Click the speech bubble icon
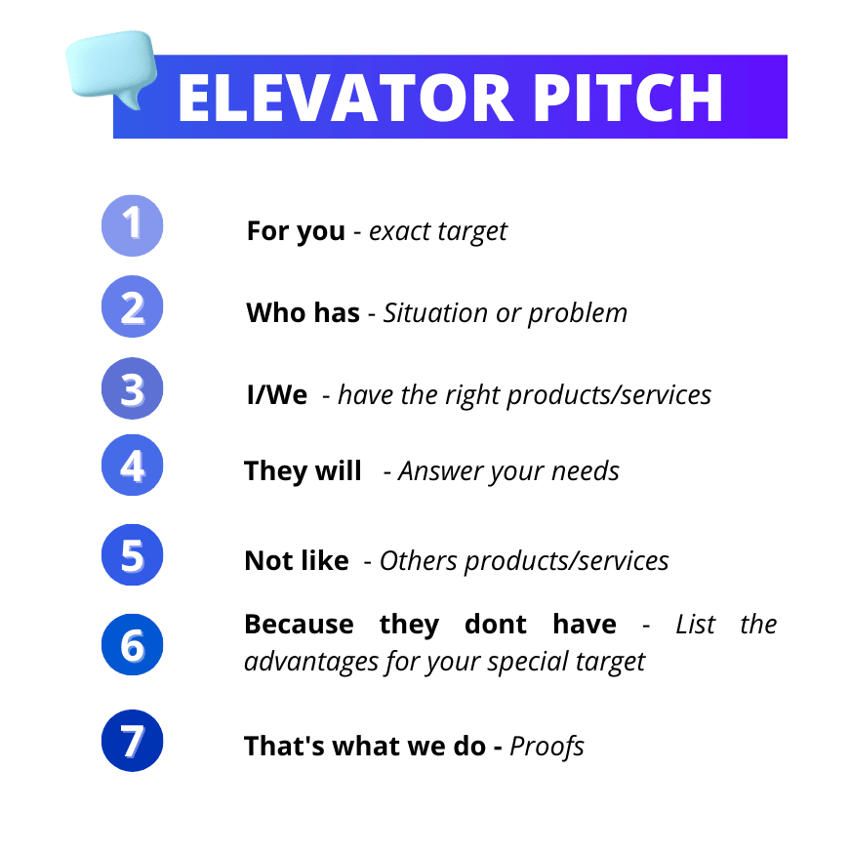[x=111, y=66]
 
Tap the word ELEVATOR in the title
[x=345, y=99]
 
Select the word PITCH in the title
[x=628, y=99]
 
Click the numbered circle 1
[x=133, y=225]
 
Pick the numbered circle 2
[x=133, y=306]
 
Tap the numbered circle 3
[x=133, y=388]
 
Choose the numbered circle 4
[x=133, y=466]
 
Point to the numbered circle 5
[x=133, y=555]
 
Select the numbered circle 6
[x=133, y=645]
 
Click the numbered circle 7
[x=133, y=741]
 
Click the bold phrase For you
[x=296, y=232]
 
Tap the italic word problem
[x=578, y=314]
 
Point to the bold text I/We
[x=277, y=395]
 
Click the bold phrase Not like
[x=297, y=560]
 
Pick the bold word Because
[x=299, y=625]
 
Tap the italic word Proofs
[x=547, y=748]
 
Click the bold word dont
[x=496, y=625]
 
